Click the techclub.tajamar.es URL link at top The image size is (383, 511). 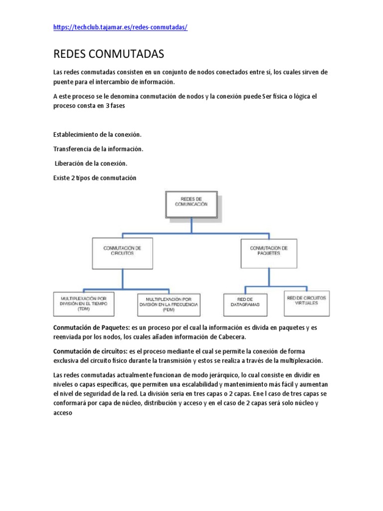(120, 27)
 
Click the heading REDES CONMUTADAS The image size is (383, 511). (108, 54)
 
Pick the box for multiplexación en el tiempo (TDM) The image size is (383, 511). (84, 303)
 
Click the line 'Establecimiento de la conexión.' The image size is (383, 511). (97, 135)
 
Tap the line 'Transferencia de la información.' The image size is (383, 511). (98, 149)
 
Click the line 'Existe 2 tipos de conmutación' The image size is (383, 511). (94, 178)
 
